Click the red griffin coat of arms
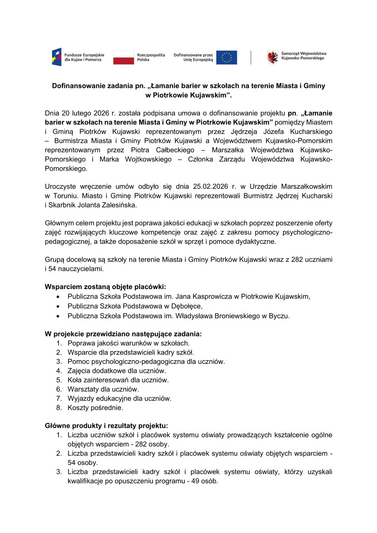click(272, 57)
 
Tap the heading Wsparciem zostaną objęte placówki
click(105, 287)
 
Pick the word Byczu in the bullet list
click(279, 316)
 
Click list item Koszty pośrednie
click(95, 408)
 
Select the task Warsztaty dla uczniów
click(103, 389)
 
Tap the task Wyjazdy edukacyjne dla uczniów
click(120, 398)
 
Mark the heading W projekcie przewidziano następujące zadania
click(123, 334)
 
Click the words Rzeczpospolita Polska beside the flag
click(151, 57)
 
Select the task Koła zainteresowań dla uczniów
click(118, 380)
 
